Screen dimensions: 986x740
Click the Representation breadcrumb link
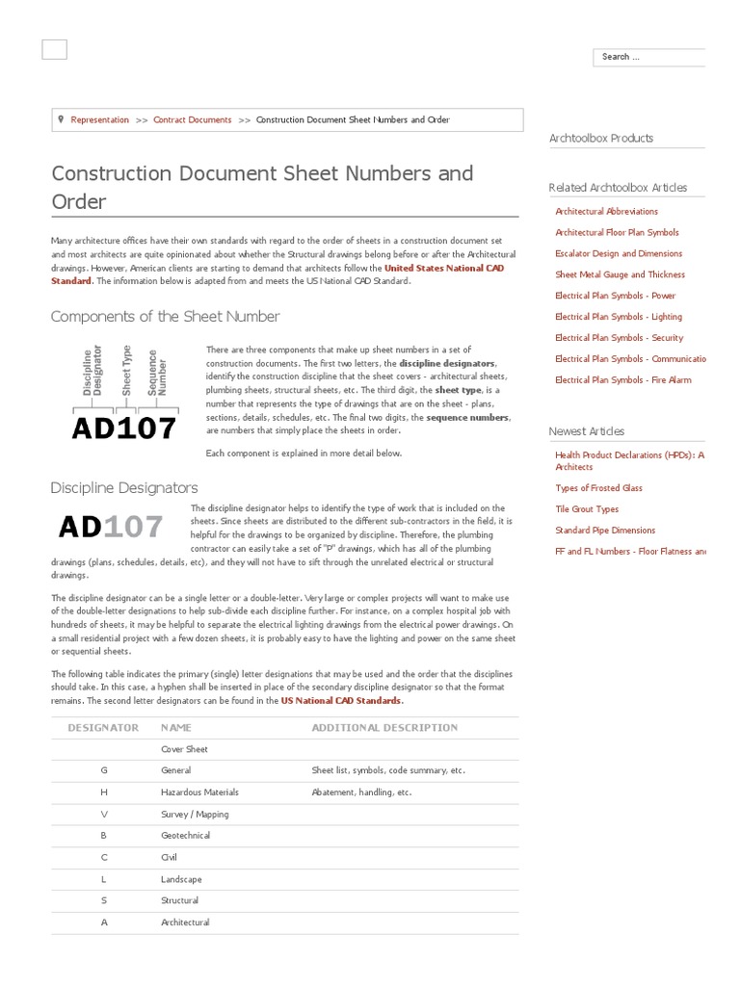[99, 120]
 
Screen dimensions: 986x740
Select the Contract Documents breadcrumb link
[193, 120]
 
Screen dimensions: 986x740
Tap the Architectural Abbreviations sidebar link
[606, 211]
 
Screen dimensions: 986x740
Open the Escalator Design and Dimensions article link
[619, 253]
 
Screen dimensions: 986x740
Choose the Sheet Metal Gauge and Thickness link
[620, 274]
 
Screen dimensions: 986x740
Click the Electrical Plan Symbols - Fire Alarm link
[622, 380]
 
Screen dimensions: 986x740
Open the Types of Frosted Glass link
[598, 488]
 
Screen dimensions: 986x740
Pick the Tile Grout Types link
[587, 509]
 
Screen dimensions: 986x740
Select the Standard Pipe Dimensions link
[605, 531]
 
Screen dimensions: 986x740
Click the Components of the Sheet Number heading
[165, 317]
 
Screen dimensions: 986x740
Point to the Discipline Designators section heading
[124, 488]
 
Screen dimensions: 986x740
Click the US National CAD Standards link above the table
[341, 701]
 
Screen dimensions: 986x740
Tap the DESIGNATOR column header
[103, 728]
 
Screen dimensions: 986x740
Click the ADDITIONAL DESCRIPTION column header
[384, 728]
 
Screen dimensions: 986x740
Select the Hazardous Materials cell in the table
[199, 792]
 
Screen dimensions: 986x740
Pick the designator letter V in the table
[104, 814]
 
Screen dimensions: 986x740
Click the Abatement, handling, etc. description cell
[361, 792]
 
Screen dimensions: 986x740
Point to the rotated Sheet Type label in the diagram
[126, 371]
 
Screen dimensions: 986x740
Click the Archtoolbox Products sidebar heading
[600, 139]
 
